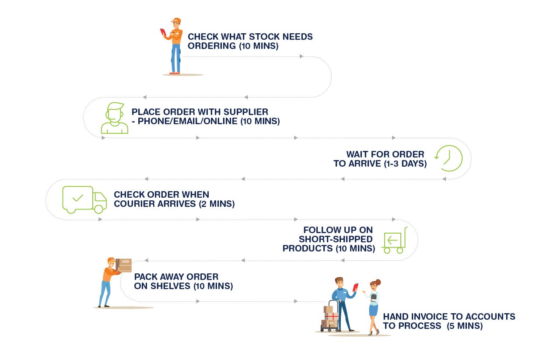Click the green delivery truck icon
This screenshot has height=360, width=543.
pyautogui.click(x=84, y=199)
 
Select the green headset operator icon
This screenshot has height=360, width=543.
pyautogui.click(x=114, y=118)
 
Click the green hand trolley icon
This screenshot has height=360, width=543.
pyautogui.click(x=394, y=240)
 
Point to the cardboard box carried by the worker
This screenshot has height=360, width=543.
pyautogui.click(x=124, y=265)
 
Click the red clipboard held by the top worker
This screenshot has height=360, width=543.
pyautogui.click(x=163, y=32)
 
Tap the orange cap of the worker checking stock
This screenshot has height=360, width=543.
pyautogui.click(x=176, y=21)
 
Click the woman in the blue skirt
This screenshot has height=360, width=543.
pyautogui.click(x=373, y=307)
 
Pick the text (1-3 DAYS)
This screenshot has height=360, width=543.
pyautogui.click(x=405, y=164)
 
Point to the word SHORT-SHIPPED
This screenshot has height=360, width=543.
pyautogui.click(x=336, y=239)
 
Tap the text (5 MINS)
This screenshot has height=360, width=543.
pyautogui.click(x=465, y=326)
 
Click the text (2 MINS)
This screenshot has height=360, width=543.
pyautogui.click(x=217, y=204)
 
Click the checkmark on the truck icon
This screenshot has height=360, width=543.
pyautogui.click(x=78, y=198)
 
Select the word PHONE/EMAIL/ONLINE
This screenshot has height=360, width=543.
pyautogui.click(x=188, y=121)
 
